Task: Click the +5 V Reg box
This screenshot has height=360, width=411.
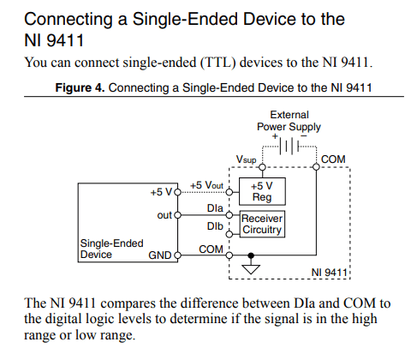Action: [x=262, y=190]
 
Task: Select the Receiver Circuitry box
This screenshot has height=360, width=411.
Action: [x=262, y=224]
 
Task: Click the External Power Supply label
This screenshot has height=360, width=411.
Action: [x=289, y=121]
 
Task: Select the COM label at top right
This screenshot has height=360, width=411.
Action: [x=332, y=160]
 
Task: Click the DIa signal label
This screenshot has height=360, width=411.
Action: [x=216, y=208]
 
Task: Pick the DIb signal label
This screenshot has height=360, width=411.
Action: [x=216, y=225]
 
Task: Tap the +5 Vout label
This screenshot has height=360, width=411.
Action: [x=206, y=185]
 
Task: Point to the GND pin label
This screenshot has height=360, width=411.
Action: [x=159, y=255]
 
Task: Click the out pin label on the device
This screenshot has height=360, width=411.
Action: [x=165, y=215]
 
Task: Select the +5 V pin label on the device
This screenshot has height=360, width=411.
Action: [x=162, y=192]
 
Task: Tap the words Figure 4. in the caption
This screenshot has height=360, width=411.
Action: [x=80, y=87]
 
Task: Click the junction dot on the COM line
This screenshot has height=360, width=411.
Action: [x=250, y=255]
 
